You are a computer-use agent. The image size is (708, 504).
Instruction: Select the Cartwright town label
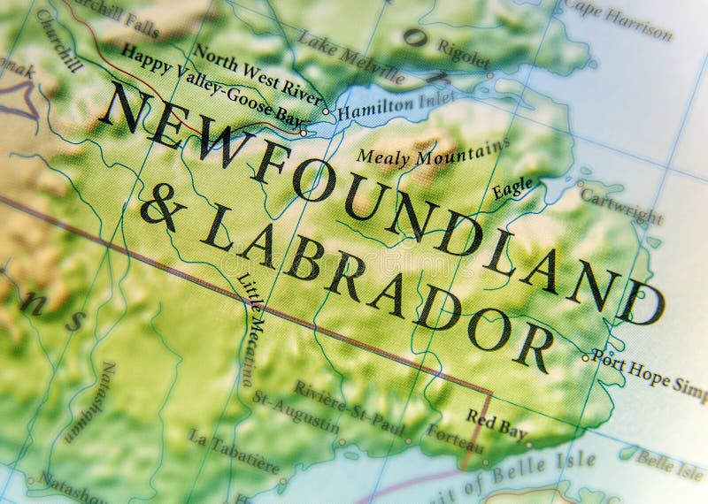coord(624,203)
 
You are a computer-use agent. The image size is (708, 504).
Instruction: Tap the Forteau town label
coord(454,439)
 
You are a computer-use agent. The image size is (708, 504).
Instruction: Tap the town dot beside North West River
coord(326,111)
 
